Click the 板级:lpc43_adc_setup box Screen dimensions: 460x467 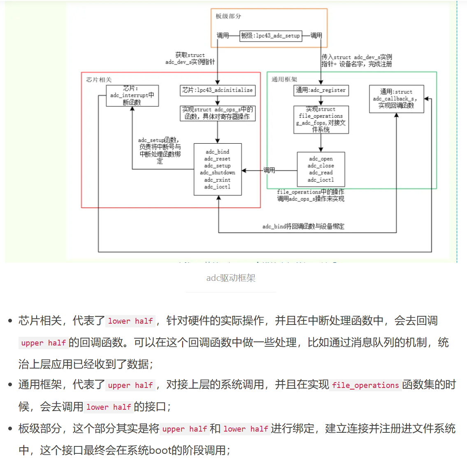pyautogui.click(x=270, y=36)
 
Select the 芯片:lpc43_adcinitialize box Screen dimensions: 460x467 pyautogui.click(x=217, y=90)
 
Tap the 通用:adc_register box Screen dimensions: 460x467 pyautogui.click(x=321, y=90)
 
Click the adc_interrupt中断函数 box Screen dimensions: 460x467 pyautogui.click(x=132, y=96)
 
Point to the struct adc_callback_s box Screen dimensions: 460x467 pyautogui.click(x=396, y=99)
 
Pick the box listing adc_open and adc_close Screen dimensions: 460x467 pyautogui.click(x=321, y=169)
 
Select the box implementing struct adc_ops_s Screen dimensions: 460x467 pyautogui.click(x=217, y=113)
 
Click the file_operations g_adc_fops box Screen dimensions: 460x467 pyautogui.click(x=321, y=119)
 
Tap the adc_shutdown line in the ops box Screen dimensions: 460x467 pyautogui.click(x=217, y=173)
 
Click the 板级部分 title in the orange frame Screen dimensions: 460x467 pyautogui.click(x=228, y=16)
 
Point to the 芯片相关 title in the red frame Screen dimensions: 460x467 pyautogui.click(x=99, y=80)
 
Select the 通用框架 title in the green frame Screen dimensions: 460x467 pyautogui.click(x=284, y=79)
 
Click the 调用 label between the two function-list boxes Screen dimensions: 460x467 pyautogui.click(x=269, y=170)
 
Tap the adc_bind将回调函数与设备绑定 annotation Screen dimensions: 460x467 pyautogui.click(x=303, y=226)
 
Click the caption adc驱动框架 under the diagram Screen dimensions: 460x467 pyautogui.click(x=231, y=278)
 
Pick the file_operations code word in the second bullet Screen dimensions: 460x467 pyautogui.click(x=365, y=385)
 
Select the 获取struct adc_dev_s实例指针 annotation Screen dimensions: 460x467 pyautogui.click(x=190, y=58)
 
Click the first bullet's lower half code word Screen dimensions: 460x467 pyautogui.click(x=130, y=321)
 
